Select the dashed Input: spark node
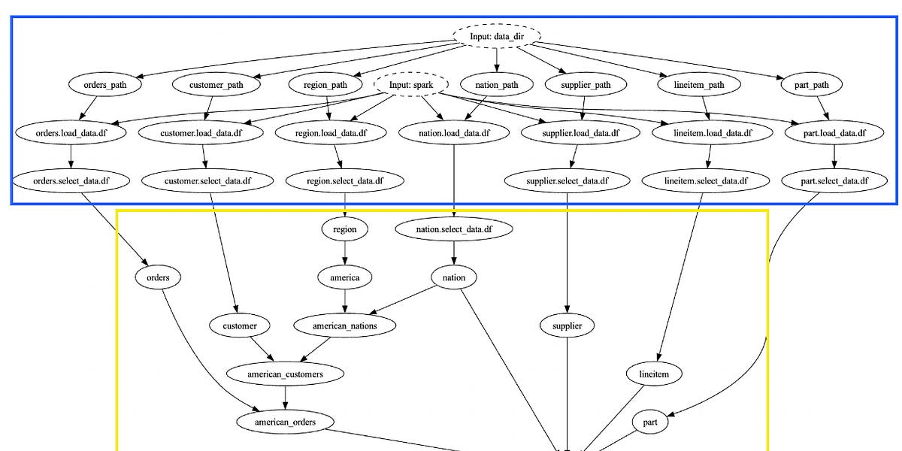click(x=410, y=85)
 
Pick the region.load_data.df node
click(x=331, y=133)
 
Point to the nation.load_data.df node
click(x=454, y=133)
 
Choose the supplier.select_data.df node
click(x=567, y=181)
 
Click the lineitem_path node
click(x=701, y=85)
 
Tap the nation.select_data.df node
click(x=454, y=229)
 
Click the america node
click(x=345, y=277)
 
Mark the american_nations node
click(x=345, y=325)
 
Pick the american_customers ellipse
click(x=285, y=374)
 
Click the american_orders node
click(x=285, y=422)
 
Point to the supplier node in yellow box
click(x=567, y=325)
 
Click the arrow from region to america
click(x=345, y=253)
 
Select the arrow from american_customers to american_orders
click(x=285, y=398)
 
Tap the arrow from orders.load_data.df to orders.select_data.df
click(x=71, y=157)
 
